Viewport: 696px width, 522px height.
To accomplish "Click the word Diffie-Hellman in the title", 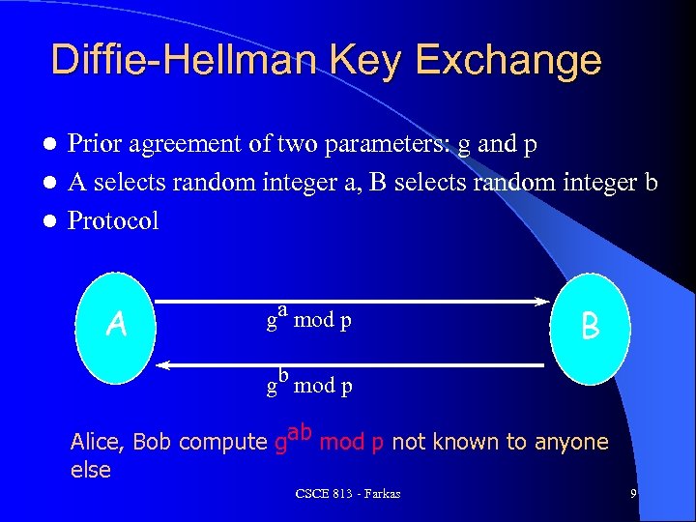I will pyautogui.click(x=185, y=60).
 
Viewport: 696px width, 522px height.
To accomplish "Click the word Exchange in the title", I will pyautogui.click(x=513, y=60).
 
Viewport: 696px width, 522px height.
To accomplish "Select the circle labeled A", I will pyautogui.click(x=116, y=325).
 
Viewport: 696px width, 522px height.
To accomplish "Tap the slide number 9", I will pyautogui.click(x=632, y=494).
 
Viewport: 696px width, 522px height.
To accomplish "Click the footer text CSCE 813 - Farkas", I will pyautogui.click(x=348, y=495).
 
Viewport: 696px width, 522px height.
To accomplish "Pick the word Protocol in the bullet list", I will pyautogui.click(x=113, y=220).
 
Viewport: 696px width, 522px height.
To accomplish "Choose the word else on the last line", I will pyautogui.click(x=91, y=470).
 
